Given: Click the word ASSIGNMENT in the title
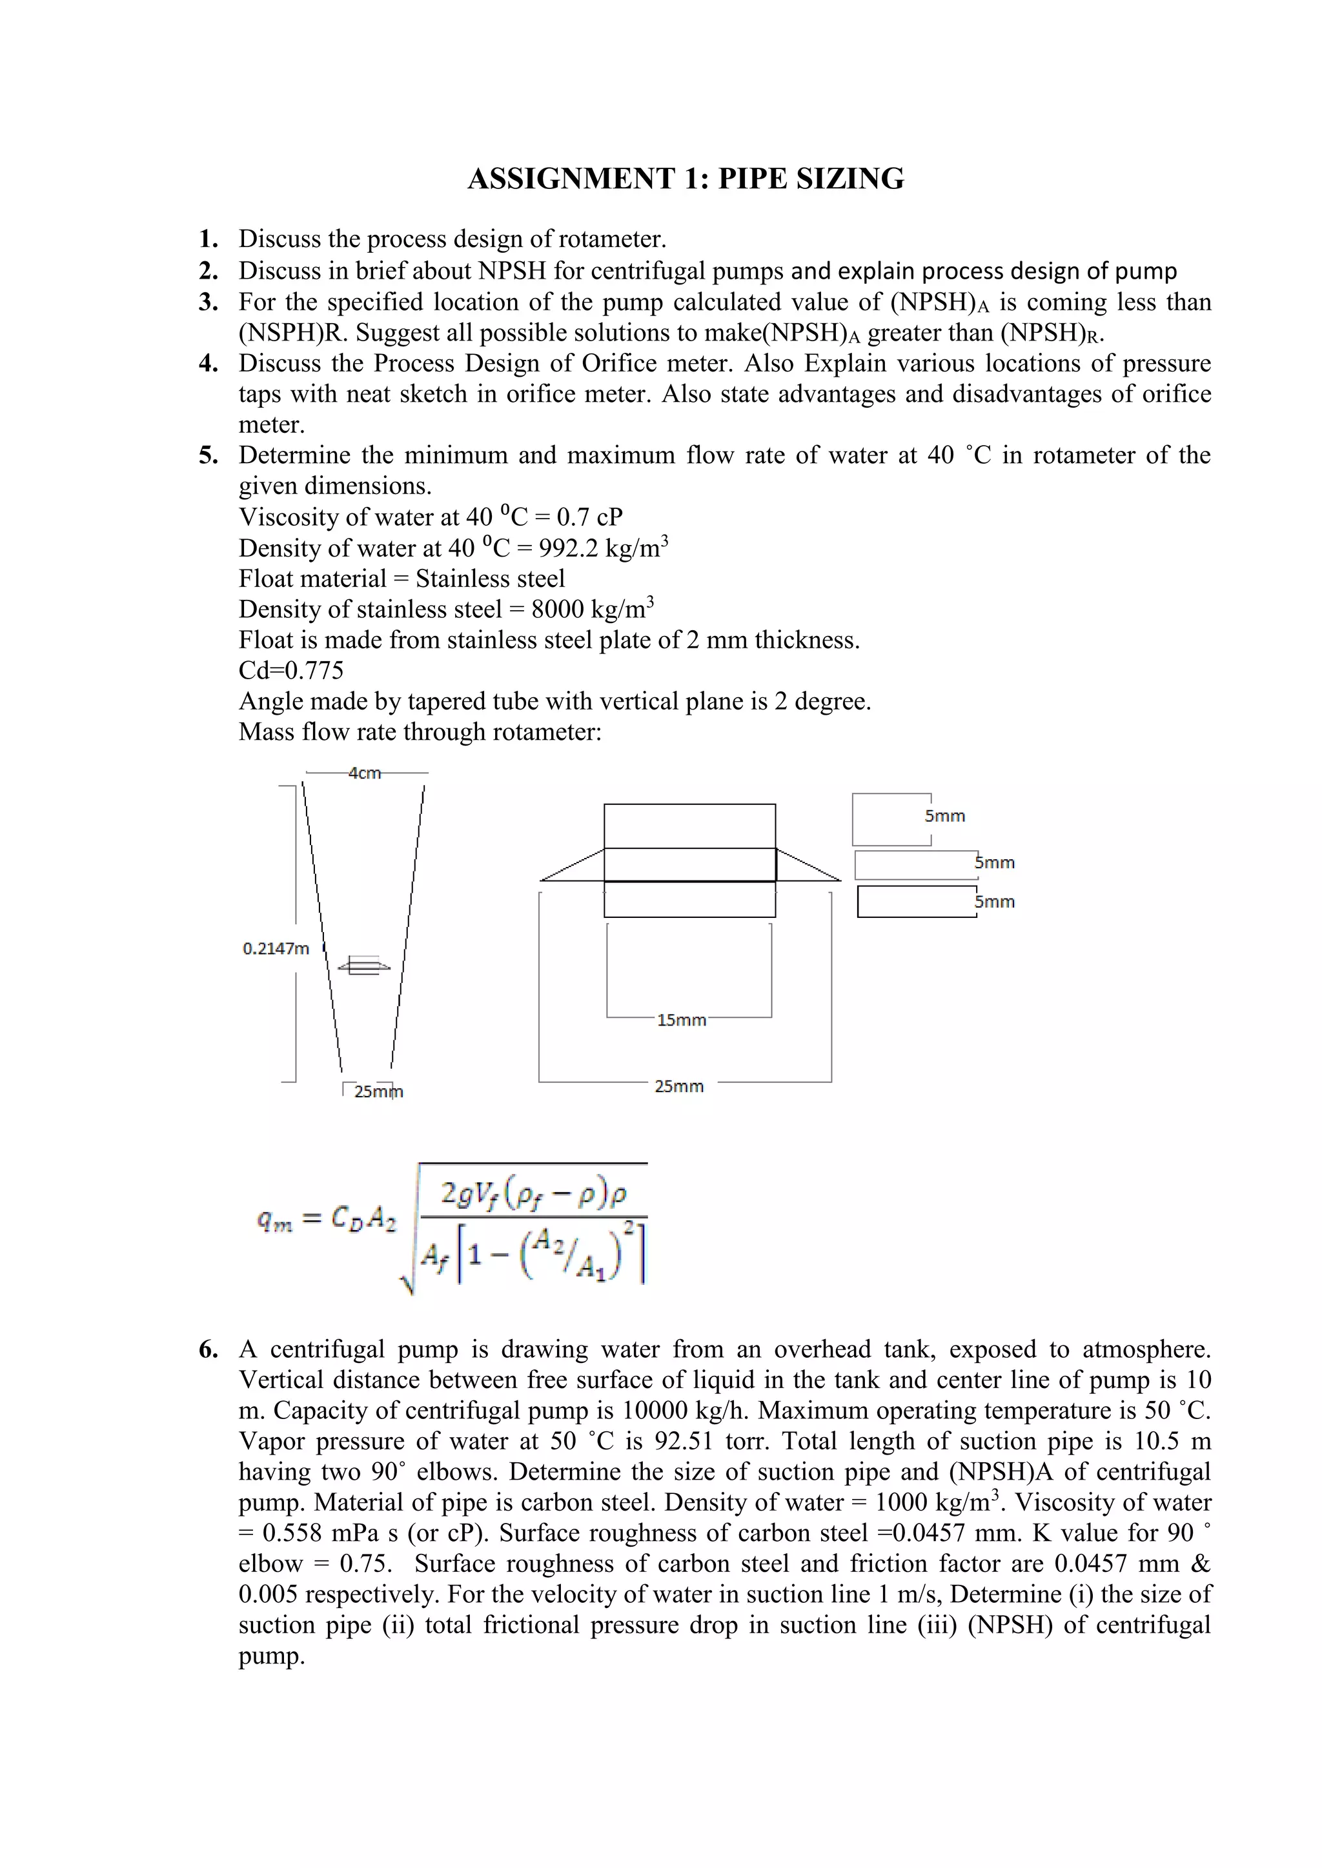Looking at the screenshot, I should tap(571, 179).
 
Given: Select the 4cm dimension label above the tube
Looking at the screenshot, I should tap(364, 773).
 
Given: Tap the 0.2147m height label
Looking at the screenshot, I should tap(276, 949).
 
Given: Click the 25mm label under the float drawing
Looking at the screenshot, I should tap(679, 1086).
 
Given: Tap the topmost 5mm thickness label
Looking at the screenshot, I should tap(944, 816).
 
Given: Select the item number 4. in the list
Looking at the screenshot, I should tap(208, 364).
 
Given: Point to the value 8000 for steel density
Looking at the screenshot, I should tap(559, 610).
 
